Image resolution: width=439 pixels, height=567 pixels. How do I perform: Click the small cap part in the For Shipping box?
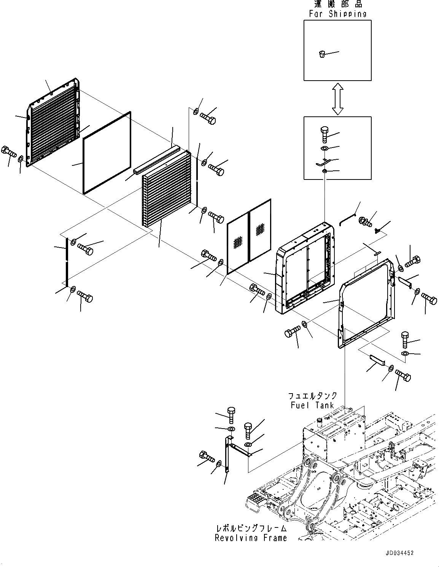322,54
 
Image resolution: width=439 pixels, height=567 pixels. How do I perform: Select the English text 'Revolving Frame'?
251,538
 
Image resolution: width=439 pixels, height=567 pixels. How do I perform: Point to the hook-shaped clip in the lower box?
322,162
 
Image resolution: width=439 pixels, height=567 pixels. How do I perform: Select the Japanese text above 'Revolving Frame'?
251,529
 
